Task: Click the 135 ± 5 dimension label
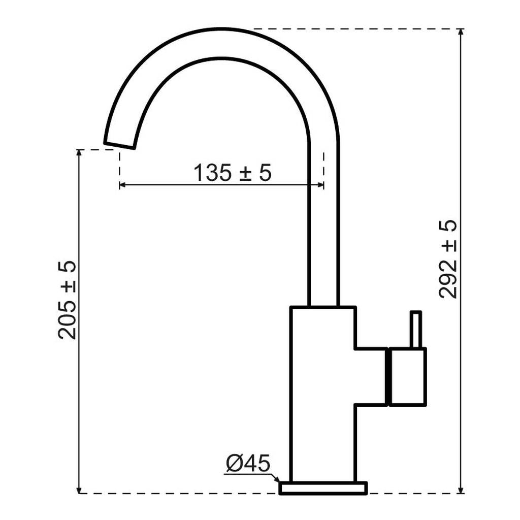233,173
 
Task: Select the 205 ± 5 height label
67,300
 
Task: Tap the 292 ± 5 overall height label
448,259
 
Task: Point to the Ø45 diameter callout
248,463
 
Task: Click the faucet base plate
323,488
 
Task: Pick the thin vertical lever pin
416,330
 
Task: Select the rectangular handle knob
408,377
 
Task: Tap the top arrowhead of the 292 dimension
460,32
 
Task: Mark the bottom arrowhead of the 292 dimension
460,490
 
